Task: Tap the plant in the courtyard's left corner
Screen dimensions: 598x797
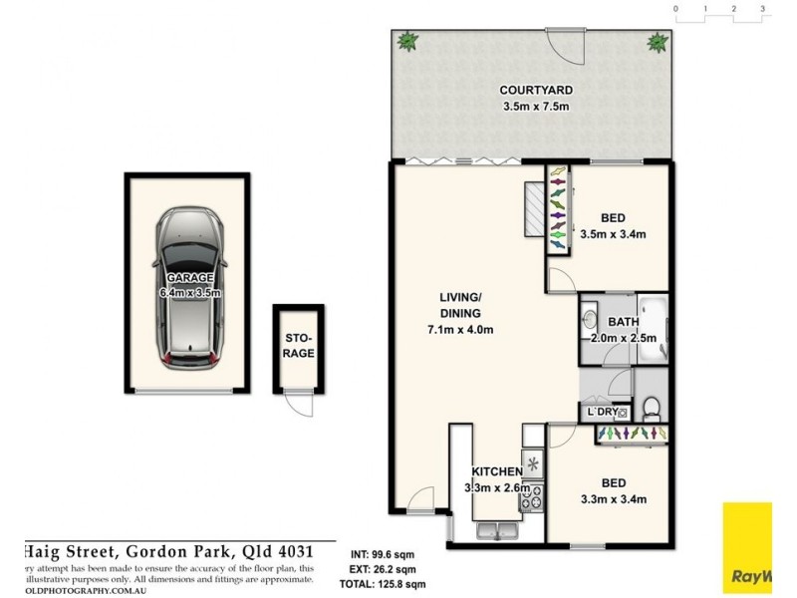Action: pos(406,42)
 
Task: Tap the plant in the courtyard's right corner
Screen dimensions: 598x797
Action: pos(658,42)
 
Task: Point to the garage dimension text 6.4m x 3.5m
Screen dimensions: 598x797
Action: pos(189,293)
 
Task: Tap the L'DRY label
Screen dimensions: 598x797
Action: pos(602,412)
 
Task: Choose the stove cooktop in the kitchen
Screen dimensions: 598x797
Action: pos(530,495)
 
